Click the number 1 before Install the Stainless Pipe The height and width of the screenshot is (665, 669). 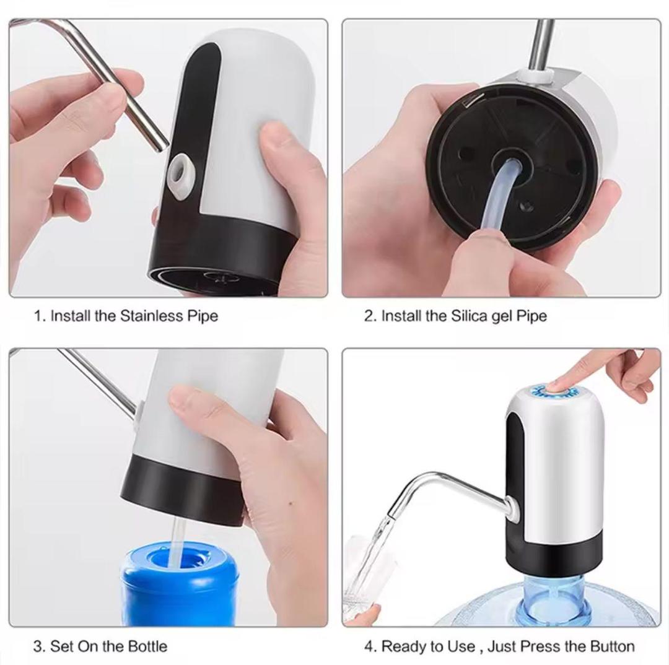coord(38,316)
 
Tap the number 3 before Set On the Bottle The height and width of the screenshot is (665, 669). coord(38,646)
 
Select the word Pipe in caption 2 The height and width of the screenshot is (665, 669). coord(532,316)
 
